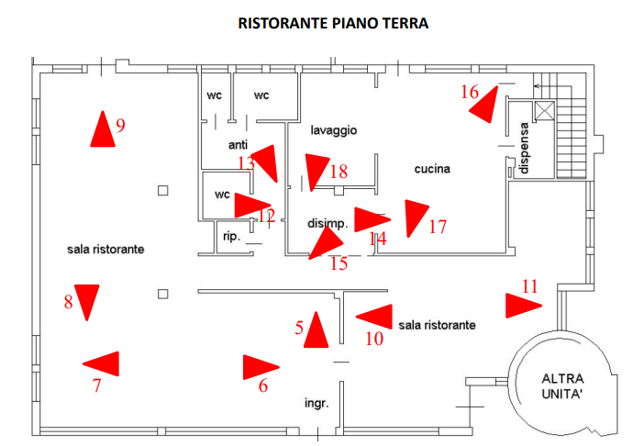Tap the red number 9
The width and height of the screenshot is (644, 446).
click(120, 126)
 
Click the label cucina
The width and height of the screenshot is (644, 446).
click(432, 169)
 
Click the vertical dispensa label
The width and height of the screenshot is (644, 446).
click(524, 149)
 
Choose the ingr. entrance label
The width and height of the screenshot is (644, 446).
click(316, 403)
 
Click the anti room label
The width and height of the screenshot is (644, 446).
click(239, 145)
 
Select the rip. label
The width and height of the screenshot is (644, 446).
click(231, 236)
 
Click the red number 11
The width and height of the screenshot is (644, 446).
click(529, 286)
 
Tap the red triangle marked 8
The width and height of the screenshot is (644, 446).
click(87, 301)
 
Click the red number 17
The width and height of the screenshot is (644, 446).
click(438, 226)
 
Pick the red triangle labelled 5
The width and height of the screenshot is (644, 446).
click(316, 331)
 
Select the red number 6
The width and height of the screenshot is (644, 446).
click(263, 386)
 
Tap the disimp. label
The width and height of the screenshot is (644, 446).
click(327, 223)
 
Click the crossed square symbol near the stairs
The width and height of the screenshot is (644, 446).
click(544, 111)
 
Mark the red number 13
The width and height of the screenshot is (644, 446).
click(246, 163)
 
